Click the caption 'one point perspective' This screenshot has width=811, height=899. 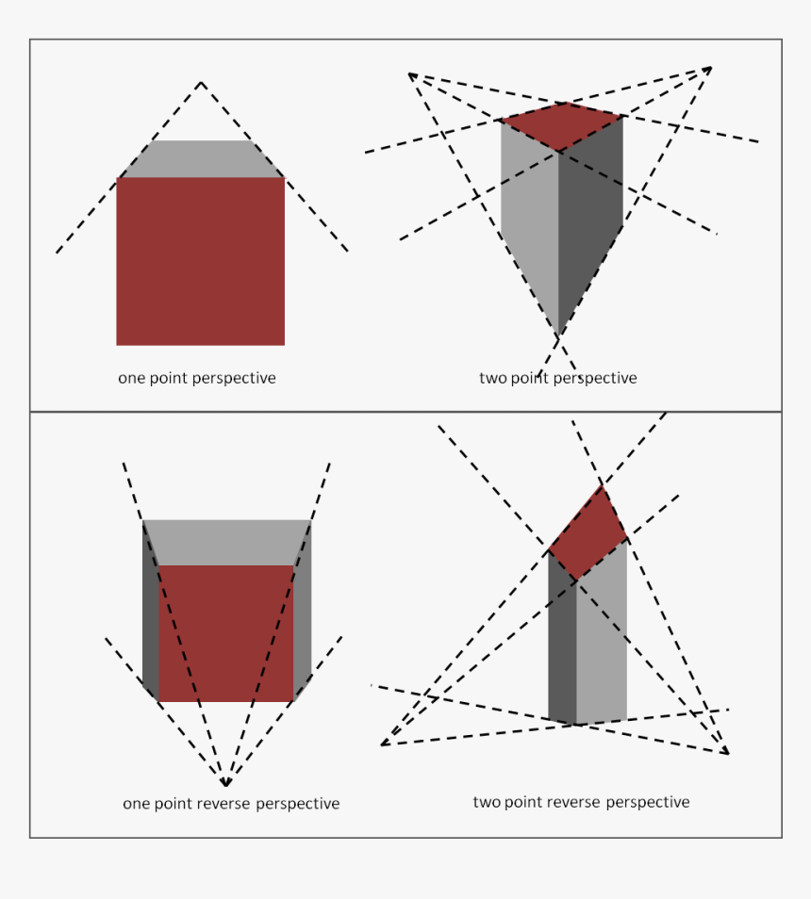click(x=196, y=378)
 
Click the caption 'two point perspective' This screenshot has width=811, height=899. click(x=557, y=378)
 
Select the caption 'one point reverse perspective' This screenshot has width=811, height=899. click(x=231, y=804)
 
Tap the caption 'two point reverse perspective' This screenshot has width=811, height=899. click(x=581, y=802)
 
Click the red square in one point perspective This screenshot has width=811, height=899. click(x=200, y=261)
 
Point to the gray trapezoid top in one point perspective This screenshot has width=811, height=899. click(x=200, y=159)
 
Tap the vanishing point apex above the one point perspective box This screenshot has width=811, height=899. click(x=201, y=82)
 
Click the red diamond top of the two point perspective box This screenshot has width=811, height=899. click(x=562, y=125)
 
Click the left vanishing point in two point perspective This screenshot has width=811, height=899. click(x=409, y=74)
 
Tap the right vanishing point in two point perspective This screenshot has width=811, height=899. click(x=711, y=68)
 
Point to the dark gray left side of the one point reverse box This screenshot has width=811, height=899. click(x=150, y=613)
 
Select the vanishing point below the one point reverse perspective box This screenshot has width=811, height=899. click(x=225, y=784)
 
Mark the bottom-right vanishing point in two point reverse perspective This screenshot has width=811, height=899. click(x=728, y=753)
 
